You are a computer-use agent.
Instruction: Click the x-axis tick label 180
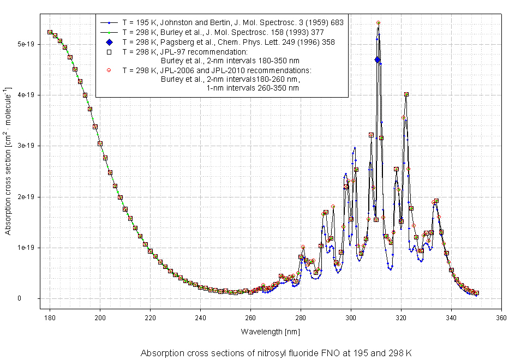(x=50, y=318)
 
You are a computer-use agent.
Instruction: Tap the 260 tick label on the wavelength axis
(x=250, y=318)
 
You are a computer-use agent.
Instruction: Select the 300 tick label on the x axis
(x=351, y=318)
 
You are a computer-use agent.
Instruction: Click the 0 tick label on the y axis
(x=33, y=298)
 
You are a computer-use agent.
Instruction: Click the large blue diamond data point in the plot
(x=378, y=60)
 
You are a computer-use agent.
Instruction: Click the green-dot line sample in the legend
(x=109, y=32)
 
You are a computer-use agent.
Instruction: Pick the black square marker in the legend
(x=109, y=52)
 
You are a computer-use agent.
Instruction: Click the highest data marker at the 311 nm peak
(x=379, y=23)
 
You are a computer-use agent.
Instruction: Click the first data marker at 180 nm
(x=50, y=32)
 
